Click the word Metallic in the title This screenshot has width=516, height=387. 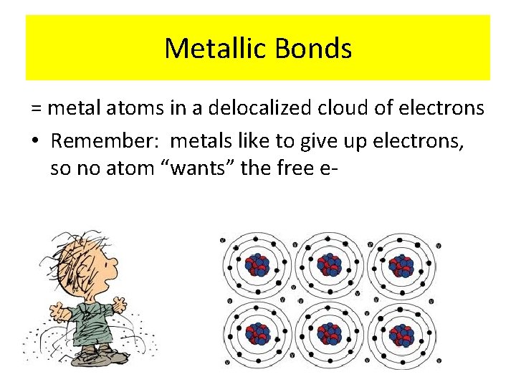(208, 49)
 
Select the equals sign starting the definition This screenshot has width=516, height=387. (37, 109)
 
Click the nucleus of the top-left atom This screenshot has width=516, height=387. (257, 266)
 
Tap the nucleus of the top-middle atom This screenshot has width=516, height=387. (329, 265)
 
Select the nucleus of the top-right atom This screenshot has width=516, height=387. (401, 266)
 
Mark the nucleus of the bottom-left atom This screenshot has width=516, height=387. (257, 334)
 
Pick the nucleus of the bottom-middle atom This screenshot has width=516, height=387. (329, 334)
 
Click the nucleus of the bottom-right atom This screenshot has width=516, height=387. (401, 334)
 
